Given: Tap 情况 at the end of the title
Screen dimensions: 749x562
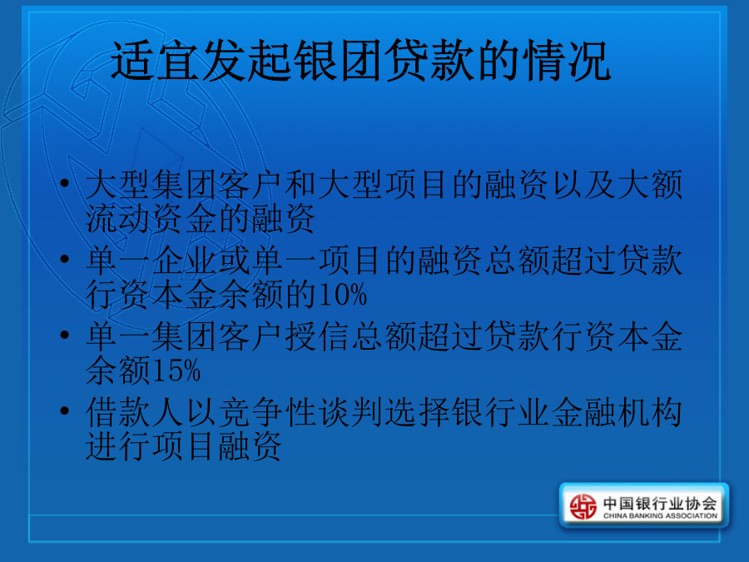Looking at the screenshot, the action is point(567,61).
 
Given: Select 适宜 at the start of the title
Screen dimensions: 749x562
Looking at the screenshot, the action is point(156,61).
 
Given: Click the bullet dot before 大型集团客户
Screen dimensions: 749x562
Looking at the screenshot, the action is point(64,182).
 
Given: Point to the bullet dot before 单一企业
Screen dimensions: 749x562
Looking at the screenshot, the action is point(64,259).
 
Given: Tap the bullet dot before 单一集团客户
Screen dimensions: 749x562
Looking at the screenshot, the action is point(64,335).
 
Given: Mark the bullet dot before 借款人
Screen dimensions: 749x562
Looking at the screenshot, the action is point(64,410).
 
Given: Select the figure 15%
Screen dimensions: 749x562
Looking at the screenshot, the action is point(176,371).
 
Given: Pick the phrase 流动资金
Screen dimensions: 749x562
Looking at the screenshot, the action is point(151,218).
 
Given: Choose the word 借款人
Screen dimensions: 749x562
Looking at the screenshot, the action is point(135,413).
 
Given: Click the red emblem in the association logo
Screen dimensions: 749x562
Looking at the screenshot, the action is point(583,506).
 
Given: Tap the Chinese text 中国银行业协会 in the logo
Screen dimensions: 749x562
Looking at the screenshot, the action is point(660,503).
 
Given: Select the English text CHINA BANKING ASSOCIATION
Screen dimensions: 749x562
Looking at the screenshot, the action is point(660,516).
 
